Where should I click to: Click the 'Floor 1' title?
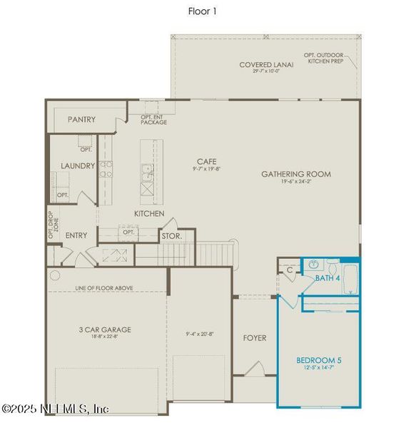pos(202,11)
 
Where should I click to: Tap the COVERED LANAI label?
pos(266,65)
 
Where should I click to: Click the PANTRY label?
pos(81,119)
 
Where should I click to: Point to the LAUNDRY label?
pos(78,165)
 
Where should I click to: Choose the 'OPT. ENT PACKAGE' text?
pos(153,119)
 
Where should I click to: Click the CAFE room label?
pos(206,162)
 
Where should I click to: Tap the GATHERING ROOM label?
pos(295,173)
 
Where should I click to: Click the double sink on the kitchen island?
pos(147,172)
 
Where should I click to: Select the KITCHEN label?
pos(149,213)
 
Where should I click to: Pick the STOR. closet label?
pos(171,235)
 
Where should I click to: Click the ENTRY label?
pos(76,235)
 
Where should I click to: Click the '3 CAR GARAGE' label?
pos(105,330)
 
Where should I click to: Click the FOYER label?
pos(255,337)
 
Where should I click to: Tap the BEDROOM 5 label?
pos(318,361)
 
